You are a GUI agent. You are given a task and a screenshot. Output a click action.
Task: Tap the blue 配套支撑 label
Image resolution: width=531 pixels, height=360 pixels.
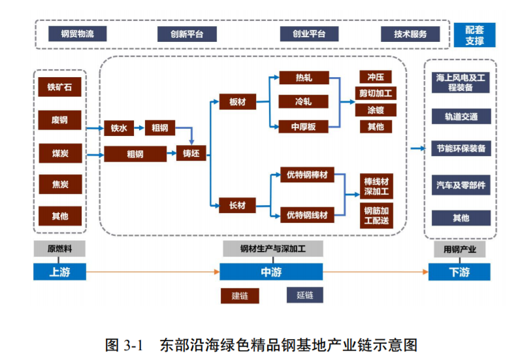[x=475, y=35]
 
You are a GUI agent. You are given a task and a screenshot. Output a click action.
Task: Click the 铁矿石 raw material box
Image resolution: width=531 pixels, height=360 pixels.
[x=59, y=87]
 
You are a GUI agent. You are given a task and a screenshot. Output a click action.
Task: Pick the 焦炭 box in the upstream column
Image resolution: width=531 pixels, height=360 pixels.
[x=59, y=184]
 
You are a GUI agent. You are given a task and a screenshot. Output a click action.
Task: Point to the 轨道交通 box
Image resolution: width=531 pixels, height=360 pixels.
[x=461, y=117]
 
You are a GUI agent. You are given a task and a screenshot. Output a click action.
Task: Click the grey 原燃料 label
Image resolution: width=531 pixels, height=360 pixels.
[x=59, y=250]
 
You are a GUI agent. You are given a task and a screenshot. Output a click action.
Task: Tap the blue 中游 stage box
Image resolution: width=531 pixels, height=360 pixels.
[x=272, y=271]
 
